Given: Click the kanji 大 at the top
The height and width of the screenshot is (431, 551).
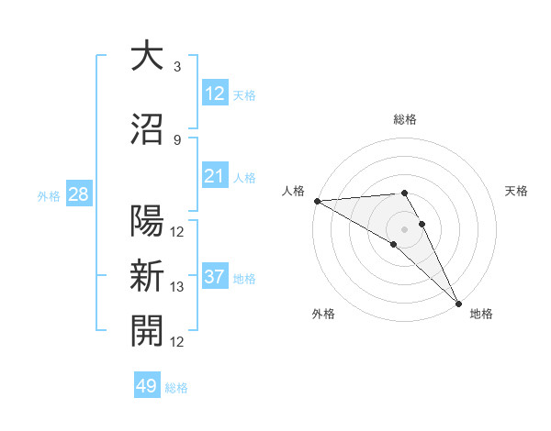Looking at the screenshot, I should (147, 58).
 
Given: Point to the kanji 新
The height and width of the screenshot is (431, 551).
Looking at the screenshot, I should (147, 276).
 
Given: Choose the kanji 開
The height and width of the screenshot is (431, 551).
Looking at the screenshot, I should (147, 331).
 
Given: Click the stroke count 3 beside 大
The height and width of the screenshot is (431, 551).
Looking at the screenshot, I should (177, 67).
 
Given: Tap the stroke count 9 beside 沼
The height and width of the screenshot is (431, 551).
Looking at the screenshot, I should (177, 139).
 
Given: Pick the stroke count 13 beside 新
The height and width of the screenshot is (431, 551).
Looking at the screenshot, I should (177, 287).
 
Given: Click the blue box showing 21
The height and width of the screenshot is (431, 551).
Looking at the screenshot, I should (214, 176).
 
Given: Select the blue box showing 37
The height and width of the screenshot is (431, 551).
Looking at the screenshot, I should (214, 278).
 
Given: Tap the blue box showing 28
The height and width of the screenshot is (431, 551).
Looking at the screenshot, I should (78, 194).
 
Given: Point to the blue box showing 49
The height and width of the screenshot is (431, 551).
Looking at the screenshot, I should (147, 386).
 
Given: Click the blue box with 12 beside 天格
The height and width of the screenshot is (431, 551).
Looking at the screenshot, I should (214, 94).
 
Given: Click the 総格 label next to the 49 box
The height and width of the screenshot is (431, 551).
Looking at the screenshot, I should (177, 388).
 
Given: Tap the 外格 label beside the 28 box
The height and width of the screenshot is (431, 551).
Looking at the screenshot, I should (49, 195).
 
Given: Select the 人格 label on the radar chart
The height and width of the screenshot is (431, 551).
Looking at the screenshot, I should (293, 191).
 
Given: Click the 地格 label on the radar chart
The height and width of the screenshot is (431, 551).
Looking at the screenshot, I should (481, 314).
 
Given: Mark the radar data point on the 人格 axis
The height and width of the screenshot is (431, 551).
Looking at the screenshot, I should (316, 200).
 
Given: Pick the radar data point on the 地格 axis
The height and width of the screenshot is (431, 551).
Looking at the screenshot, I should (459, 304).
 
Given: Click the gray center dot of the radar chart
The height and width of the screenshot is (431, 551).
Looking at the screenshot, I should (404, 228).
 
